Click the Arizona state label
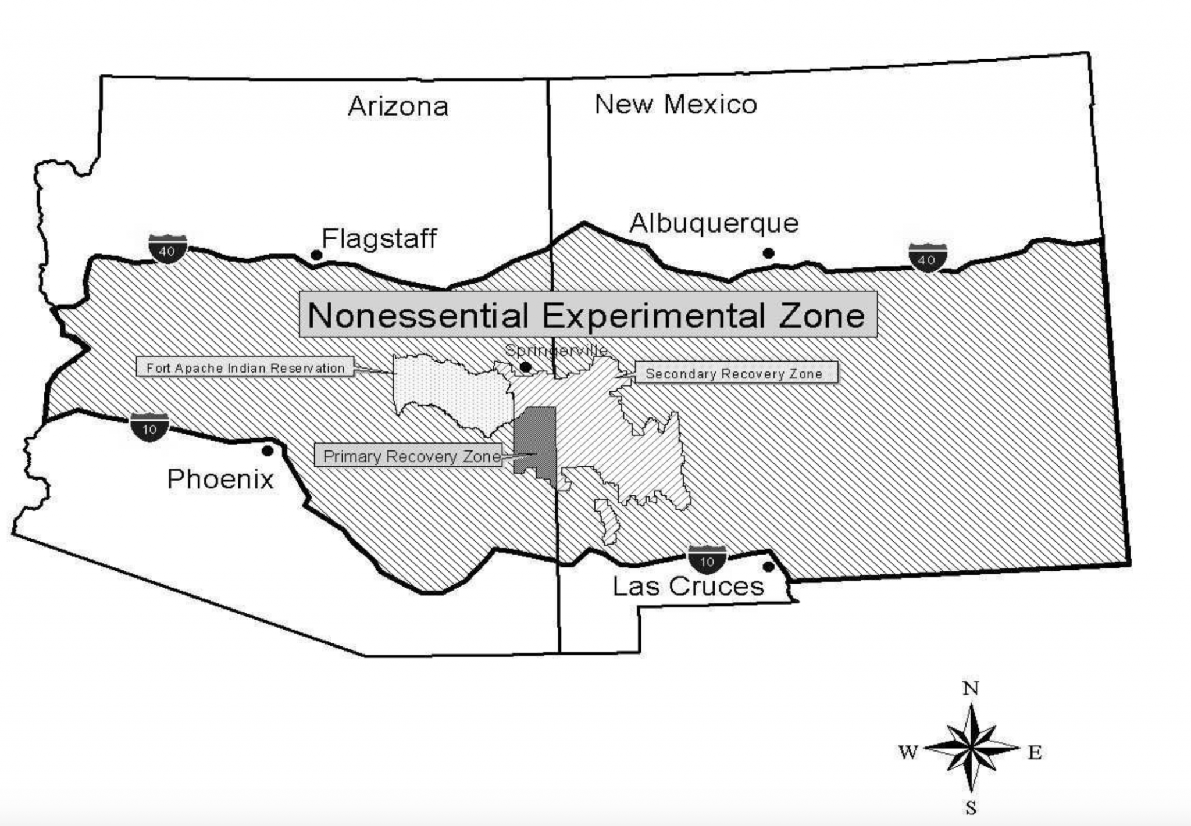pyautogui.click(x=398, y=107)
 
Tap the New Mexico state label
pyautogui.click(x=676, y=105)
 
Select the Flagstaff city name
pyautogui.click(x=379, y=239)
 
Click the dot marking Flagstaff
pyautogui.click(x=316, y=255)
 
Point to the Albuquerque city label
pyautogui.click(x=714, y=224)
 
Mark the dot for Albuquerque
pyautogui.click(x=768, y=253)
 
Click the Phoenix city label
pyautogui.click(x=220, y=480)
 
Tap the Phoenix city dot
pyautogui.click(x=268, y=451)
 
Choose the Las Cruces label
pyautogui.click(x=688, y=587)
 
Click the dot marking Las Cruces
pyautogui.click(x=768, y=566)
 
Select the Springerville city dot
pyautogui.click(x=525, y=367)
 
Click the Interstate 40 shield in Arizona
pyautogui.click(x=167, y=249)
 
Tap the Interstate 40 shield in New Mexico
pyautogui.click(x=928, y=258)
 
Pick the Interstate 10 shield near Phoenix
pyautogui.click(x=149, y=427)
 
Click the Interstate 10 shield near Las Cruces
pyautogui.click(x=707, y=559)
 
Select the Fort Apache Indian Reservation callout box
pyautogui.click(x=245, y=368)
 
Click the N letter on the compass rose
pyautogui.click(x=971, y=689)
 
